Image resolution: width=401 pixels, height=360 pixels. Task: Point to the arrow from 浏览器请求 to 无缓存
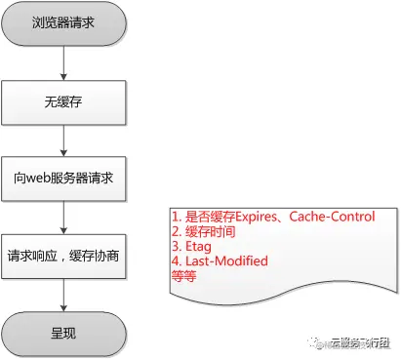63,60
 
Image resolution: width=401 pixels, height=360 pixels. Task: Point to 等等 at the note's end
181,275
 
